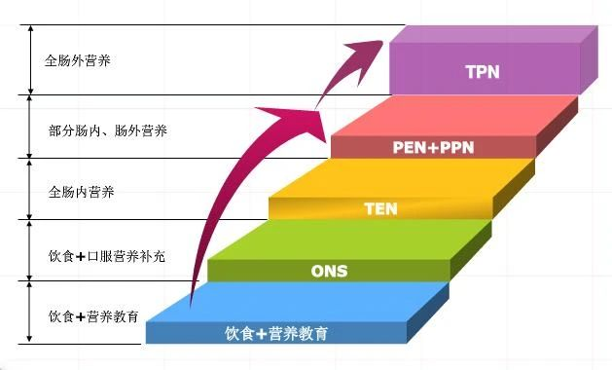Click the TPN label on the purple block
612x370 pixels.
tap(483, 71)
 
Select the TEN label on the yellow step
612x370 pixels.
tap(380, 208)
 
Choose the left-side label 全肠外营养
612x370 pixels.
tap(78, 59)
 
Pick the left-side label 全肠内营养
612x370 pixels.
tap(81, 191)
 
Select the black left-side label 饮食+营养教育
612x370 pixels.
tap(93, 317)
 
